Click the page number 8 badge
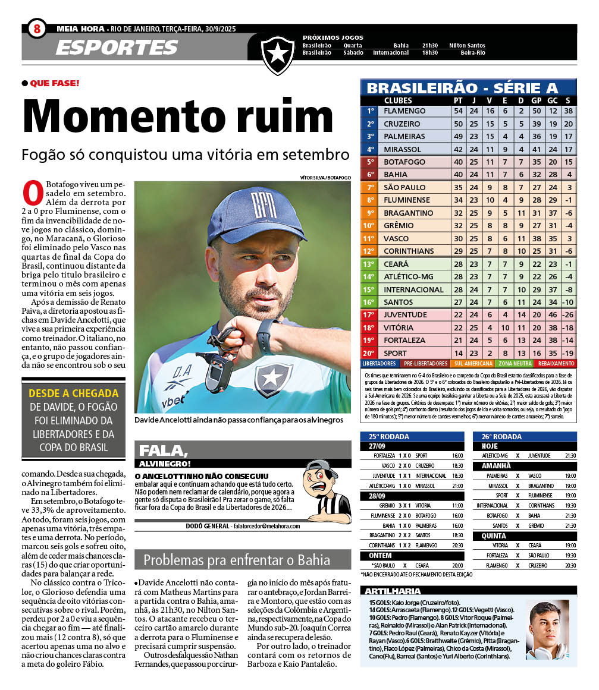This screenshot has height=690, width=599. click(x=37, y=28)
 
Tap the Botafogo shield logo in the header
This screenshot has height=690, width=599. click(x=278, y=54)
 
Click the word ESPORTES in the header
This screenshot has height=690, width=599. click(x=117, y=48)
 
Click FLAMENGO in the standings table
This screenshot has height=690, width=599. click(x=404, y=111)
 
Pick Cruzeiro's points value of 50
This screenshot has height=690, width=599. click(x=458, y=124)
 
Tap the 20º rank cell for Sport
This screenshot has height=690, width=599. click(x=369, y=353)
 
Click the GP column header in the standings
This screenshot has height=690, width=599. click(x=537, y=100)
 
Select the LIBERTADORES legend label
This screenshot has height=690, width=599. click(x=379, y=363)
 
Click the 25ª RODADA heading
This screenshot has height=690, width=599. click(x=388, y=436)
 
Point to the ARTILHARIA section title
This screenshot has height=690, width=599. click(x=393, y=591)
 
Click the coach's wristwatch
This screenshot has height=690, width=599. click(x=268, y=336)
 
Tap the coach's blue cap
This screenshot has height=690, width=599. click(x=257, y=213)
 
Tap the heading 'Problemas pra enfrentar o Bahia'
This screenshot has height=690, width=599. click(x=236, y=560)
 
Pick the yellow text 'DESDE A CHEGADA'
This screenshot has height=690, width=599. click(x=74, y=393)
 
